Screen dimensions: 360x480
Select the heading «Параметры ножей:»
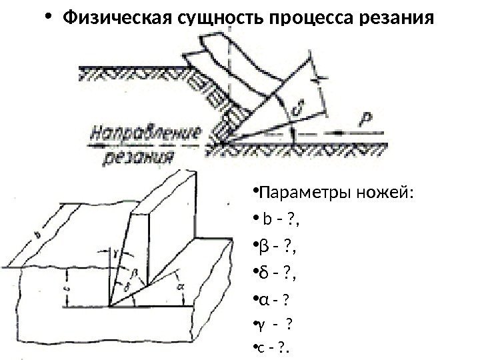(336, 194)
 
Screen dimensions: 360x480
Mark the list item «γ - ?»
(274, 326)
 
